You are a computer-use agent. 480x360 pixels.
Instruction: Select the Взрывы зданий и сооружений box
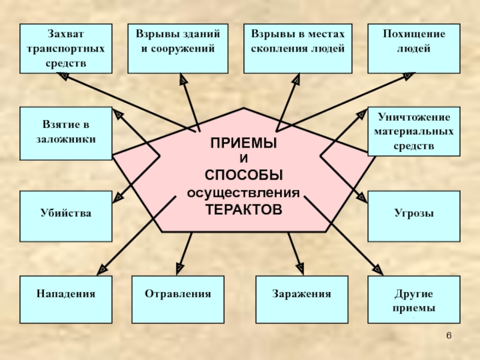pos(178,49)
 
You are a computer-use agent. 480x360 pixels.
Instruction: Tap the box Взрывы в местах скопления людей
pos(298,49)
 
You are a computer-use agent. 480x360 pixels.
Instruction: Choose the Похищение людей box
pos(413,49)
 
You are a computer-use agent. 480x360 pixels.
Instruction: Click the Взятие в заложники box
pos(65,133)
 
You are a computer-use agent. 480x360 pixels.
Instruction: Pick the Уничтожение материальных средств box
pos(413,131)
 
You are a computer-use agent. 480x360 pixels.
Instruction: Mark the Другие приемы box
pos(413,301)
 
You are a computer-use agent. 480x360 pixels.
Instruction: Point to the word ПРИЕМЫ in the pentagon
pos(244,143)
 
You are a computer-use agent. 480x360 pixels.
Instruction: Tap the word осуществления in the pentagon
pos(243,193)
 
